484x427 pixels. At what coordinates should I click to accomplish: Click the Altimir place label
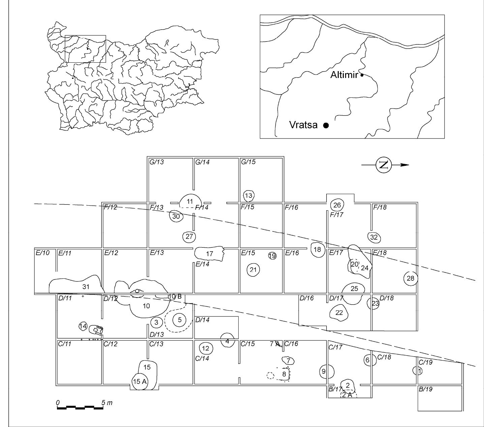[x=344, y=75]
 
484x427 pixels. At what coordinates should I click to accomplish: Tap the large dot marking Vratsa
[x=326, y=125]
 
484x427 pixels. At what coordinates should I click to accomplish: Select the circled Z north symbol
[x=384, y=165]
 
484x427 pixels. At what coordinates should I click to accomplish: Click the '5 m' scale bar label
[x=107, y=403]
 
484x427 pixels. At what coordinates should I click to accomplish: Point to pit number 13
[x=248, y=196]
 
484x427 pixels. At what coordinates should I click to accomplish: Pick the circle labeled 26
[x=337, y=205]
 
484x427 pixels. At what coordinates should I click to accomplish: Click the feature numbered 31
[x=77, y=284]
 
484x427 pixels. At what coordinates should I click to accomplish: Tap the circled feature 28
[x=411, y=278]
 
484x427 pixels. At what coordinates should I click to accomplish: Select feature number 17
[x=209, y=253]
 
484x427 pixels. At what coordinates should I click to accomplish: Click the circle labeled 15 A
[x=140, y=382]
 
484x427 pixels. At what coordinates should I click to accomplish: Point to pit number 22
[x=339, y=312]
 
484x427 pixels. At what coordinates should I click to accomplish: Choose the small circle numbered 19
[x=272, y=256]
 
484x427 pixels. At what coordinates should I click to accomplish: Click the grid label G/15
[x=248, y=162]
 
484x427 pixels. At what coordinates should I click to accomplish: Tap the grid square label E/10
[x=42, y=253]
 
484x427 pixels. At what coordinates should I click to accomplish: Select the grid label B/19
[x=425, y=389]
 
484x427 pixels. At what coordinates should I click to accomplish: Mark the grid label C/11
[x=65, y=344]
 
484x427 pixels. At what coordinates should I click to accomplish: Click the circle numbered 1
[x=418, y=371]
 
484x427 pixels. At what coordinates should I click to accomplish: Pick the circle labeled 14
[x=83, y=327]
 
